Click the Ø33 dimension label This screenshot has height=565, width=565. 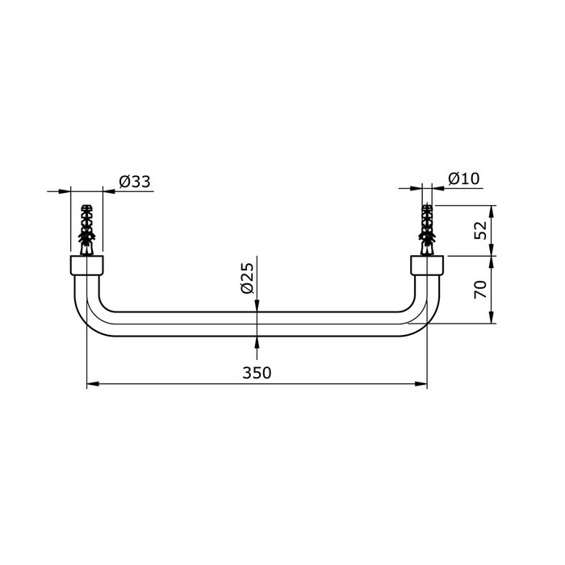(134, 182)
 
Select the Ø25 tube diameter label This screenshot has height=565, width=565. (248, 278)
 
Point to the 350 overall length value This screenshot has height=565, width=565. (257, 372)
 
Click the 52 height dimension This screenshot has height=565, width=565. (481, 230)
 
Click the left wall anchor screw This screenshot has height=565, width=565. (86, 227)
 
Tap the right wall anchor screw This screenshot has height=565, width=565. (427, 227)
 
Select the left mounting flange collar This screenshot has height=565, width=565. (86, 266)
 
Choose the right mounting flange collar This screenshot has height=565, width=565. (427, 266)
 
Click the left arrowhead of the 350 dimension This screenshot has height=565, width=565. (91, 384)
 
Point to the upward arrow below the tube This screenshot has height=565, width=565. (257, 342)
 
